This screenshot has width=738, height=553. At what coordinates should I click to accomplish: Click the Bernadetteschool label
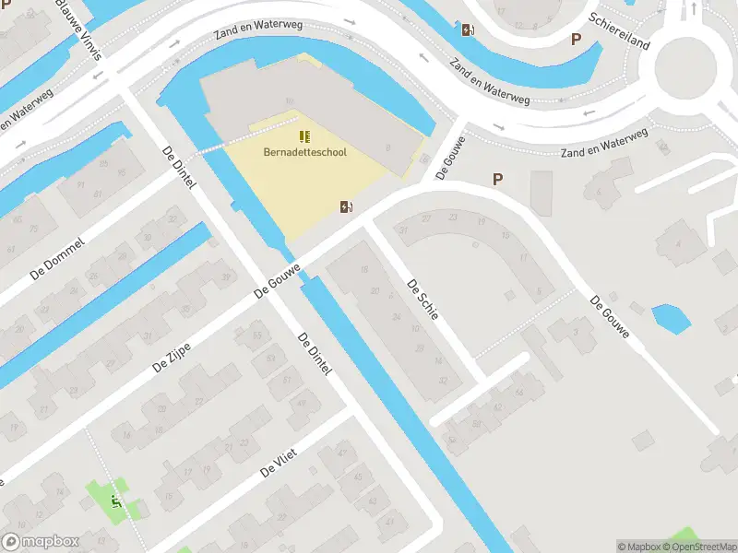[x=304, y=152]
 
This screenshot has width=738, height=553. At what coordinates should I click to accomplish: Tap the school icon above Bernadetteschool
[x=304, y=136]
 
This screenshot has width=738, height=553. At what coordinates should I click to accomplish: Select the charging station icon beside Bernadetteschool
[x=347, y=206]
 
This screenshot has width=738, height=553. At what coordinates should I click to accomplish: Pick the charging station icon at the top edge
[x=468, y=29]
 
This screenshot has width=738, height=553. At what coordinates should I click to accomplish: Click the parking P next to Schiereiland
[x=577, y=40]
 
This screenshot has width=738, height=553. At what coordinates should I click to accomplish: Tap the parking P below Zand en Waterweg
[x=498, y=180]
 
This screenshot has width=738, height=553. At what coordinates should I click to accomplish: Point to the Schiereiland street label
[x=620, y=32]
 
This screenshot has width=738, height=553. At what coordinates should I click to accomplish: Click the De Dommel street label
[x=57, y=258]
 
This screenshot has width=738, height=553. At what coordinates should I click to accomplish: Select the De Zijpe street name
[x=172, y=354]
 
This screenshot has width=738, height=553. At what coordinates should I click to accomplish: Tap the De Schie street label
[x=423, y=300]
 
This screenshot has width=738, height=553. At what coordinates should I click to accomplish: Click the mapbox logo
[x=40, y=542]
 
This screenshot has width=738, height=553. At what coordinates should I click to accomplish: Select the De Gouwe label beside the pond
[x=610, y=316]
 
